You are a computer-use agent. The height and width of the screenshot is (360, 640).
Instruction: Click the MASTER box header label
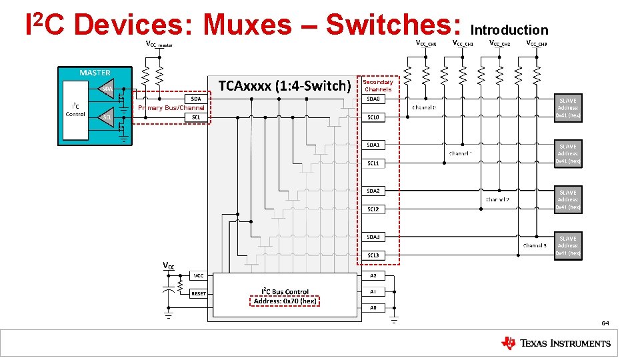pyautogui.click(x=95, y=73)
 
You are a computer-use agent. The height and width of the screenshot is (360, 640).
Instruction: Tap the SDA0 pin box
pyautogui.click(x=373, y=99)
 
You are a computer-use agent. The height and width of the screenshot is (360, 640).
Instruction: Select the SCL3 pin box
pyautogui.click(x=373, y=255)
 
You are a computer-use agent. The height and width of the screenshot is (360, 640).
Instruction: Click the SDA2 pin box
pyautogui.click(x=373, y=191)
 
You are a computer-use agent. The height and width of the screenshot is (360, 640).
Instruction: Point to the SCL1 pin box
pyautogui.click(x=373, y=163)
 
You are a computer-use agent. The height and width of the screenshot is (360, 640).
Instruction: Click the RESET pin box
pyautogui.click(x=199, y=293)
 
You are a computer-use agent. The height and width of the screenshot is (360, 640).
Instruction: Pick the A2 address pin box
pyautogui.click(x=373, y=275)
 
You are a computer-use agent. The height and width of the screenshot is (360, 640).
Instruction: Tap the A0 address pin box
pyautogui.click(x=373, y=307)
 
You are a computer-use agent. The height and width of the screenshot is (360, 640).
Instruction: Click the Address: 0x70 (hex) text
pyautogui.click(x=285, y=301)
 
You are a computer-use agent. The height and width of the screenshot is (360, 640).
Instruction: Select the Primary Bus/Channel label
pyautogui.click(x=171, y=108)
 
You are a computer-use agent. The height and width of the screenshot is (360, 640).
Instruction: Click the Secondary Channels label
pyautogui.click(x=378, y=85)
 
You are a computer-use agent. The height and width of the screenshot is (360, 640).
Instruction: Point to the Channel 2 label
pyautogui.click(x=497, y=199)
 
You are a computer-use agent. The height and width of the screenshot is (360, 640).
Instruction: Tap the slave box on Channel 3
pyautogui.click(x=568, y=245)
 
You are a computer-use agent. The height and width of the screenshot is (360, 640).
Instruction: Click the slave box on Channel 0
pyautogui.click(x=568, y=107)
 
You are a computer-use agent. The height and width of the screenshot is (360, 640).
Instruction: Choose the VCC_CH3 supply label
pyautogui.click(x=537, y=43)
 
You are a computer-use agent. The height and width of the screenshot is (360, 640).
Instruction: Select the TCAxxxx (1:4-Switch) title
pyautogui.click(x=285, y=85)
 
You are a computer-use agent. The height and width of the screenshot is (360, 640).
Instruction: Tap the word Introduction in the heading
pyautogui.click(x=509, y=30)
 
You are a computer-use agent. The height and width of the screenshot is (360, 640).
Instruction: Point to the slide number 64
pyautogui.click(x=605, y=323)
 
